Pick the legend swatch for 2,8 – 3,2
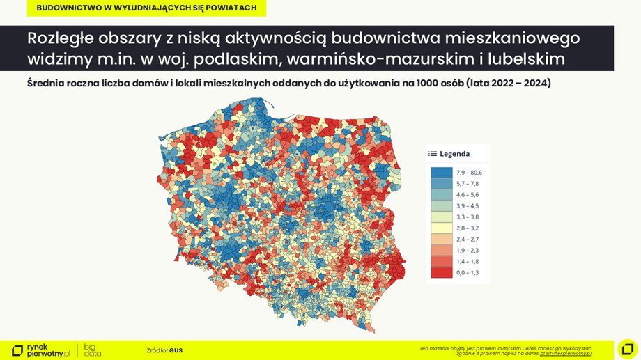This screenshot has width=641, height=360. pos(440,228)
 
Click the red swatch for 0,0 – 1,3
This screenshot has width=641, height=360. pos(440,272)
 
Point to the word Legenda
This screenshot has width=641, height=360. pos(454,154)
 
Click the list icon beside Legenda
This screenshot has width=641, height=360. pos(433,154)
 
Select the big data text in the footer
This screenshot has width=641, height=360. pos(93,350)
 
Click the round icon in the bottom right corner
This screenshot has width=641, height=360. pos(627,348)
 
